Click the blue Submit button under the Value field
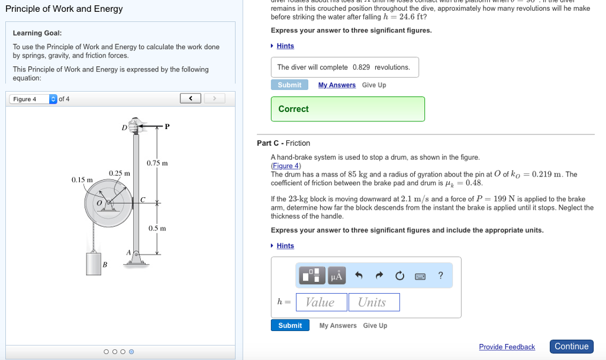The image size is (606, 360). pos(290,325)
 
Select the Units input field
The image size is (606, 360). pos(373,302)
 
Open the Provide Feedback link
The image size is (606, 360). pos(507,347)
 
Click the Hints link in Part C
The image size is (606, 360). pos(285,246)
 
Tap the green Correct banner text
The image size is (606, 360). pos(294,109)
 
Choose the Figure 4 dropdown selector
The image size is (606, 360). pos(33,99)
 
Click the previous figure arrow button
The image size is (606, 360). pos(191,98)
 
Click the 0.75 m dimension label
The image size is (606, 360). pos(157,163)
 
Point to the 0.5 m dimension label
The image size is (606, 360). pos(157,228)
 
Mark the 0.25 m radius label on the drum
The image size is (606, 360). pos(119,173)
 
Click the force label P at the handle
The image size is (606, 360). pos(167,126)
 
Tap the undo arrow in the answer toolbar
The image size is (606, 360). pos(359,275)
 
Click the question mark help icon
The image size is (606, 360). pos(440,275)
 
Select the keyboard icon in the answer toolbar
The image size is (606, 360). pos(420,276)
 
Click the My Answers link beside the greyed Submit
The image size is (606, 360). pos(337,85)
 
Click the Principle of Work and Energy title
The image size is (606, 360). pos(64,9)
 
